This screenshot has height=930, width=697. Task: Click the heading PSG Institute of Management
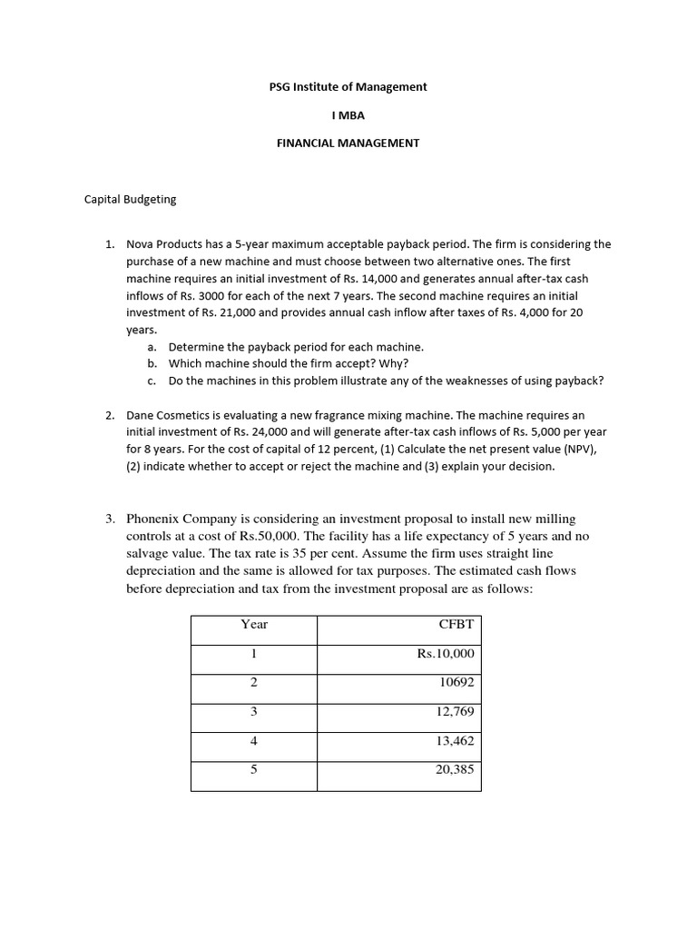348,87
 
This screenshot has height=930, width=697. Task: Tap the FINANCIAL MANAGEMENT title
348,143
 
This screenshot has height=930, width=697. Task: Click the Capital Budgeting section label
130,199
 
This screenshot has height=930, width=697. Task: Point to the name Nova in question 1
141,244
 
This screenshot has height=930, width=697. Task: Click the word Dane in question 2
141,415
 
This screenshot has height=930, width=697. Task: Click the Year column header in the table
254,624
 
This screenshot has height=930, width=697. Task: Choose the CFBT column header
456,624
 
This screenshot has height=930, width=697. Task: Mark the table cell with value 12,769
454,712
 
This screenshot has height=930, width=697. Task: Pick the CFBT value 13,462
454,741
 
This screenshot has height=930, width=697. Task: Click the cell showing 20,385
454,770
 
